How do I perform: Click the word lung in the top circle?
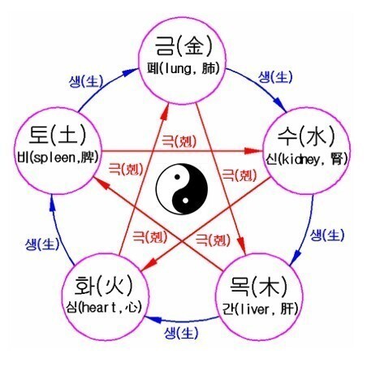click(177, 69)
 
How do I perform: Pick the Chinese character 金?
click(193, 45)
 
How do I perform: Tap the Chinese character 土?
click(67, 135)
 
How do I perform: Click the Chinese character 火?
click(114, 286)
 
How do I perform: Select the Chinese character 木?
click(269, 287)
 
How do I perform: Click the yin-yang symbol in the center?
click(182, 189)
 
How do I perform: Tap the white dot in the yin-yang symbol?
click(185, 201)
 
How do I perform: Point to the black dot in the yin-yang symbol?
click(177, 177)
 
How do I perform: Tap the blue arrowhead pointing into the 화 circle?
click(153, 319)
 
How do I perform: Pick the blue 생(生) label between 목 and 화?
click(181, 333)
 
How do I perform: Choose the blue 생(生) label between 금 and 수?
click(275, 76)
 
